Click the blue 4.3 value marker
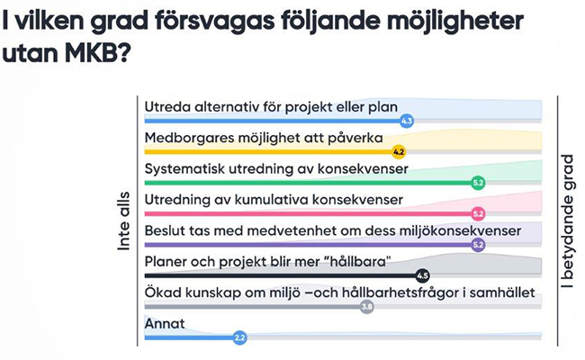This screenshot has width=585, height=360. (407, 121)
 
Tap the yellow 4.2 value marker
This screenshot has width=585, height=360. (399, 152)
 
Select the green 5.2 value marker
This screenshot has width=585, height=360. (478, 183)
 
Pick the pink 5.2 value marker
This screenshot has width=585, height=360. (478, 214)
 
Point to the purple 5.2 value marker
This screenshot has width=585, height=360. (478, 245)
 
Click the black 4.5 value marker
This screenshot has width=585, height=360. (422, 275)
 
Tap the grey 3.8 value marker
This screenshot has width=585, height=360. (366, 307)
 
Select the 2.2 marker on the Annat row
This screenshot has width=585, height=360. (239, 337)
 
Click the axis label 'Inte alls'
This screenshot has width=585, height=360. (123, 221)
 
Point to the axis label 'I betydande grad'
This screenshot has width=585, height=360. (569, 221)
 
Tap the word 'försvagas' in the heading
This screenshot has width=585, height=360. (214, 22)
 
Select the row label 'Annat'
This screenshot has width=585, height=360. (165, 323)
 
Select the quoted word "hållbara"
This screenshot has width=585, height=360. (358, 262)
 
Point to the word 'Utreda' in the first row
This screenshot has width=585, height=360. (164, 107)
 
